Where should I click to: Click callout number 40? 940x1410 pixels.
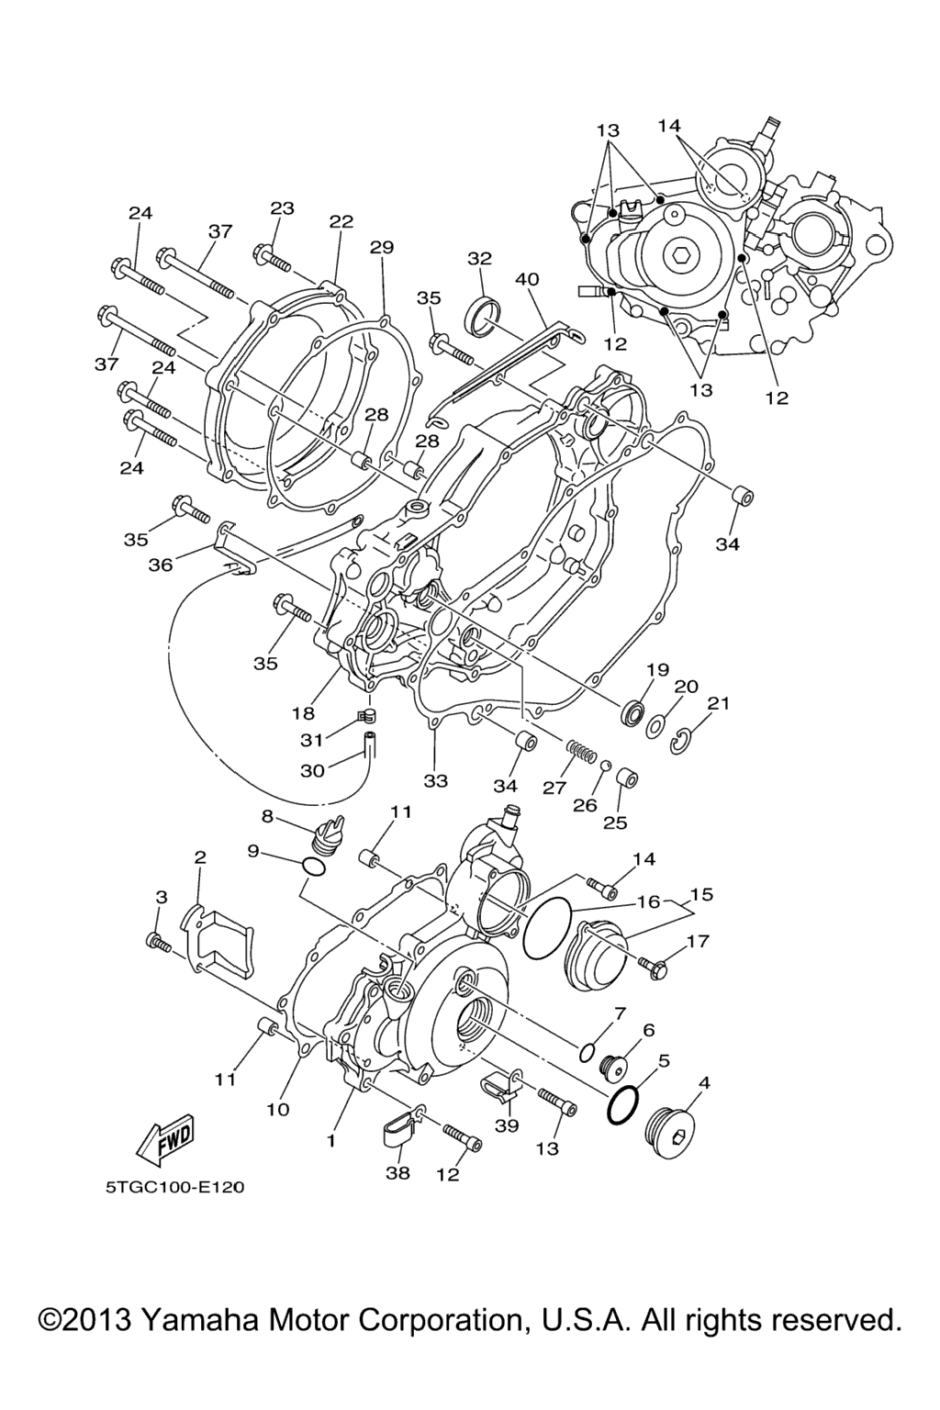[527, 279]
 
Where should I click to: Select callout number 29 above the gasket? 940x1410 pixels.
[382, 247]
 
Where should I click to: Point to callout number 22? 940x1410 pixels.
[341, 221]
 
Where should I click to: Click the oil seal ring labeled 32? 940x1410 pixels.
[483, 317]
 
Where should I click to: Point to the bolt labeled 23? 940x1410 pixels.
[272, 258]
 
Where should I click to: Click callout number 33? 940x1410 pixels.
[435, 780]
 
